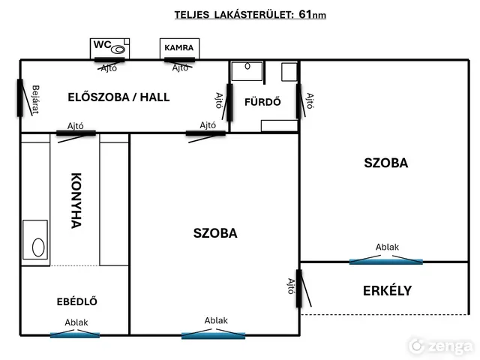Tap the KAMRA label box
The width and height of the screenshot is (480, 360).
point(179,48)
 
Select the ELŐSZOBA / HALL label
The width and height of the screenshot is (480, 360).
point(118,97)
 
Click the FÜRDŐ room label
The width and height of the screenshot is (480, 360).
point(262,103)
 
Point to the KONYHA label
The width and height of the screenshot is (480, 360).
point(76,200)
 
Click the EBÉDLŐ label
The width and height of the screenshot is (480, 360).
point(77,301)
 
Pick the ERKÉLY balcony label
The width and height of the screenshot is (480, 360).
point(387,290)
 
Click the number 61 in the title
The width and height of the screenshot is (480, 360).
point(306,13)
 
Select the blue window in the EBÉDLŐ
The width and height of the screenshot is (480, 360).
point(75,334)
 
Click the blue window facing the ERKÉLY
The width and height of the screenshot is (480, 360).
point(385,261)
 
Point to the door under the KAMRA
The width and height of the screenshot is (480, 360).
point(180,60)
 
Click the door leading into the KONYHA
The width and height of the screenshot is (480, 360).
point(76,133)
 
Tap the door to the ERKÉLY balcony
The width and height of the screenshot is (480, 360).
point(299,288)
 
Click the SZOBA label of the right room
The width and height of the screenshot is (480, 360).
point(385,163)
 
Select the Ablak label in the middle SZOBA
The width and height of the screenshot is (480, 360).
point(216,320)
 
